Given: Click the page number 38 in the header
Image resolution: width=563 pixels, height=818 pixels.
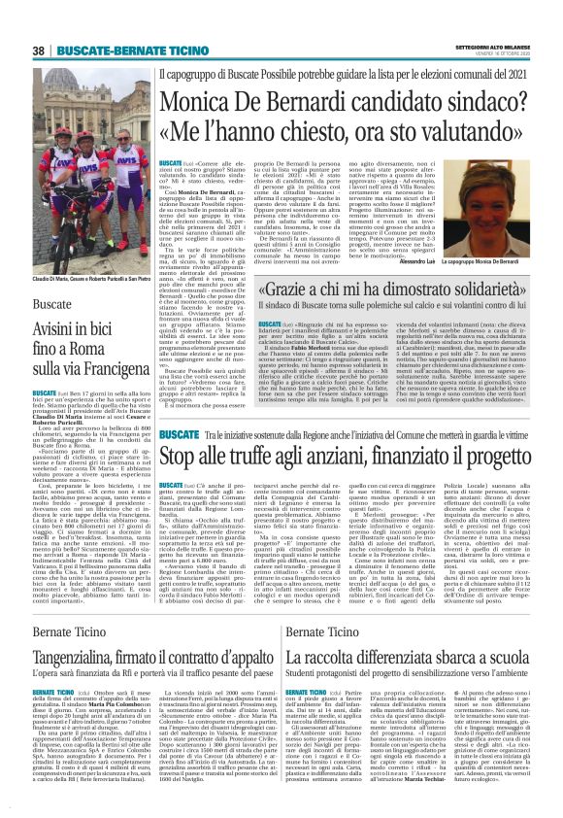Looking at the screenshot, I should point(38,51).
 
